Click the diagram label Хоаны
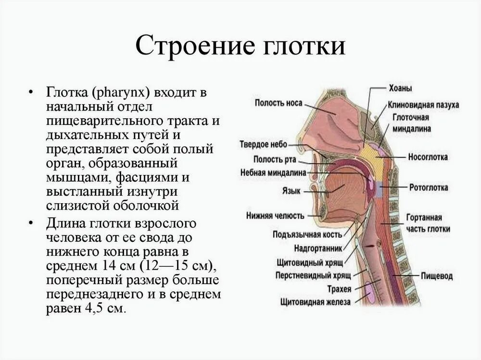pyautogui.click(x=400, y=88)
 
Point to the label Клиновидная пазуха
pyautogui.click(x=423, y=105)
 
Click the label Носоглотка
pyautogui.click(x=428, y=157)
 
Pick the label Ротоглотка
pyautogui.click(x=428, y=187)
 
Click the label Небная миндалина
pyautogui.click(x=273, y=173)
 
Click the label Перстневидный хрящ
pyautogui.click(x=313, y=276)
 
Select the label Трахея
pyautogui.click(x=339, y=289)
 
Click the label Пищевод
pyautogui.click(x=437, y=276)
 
